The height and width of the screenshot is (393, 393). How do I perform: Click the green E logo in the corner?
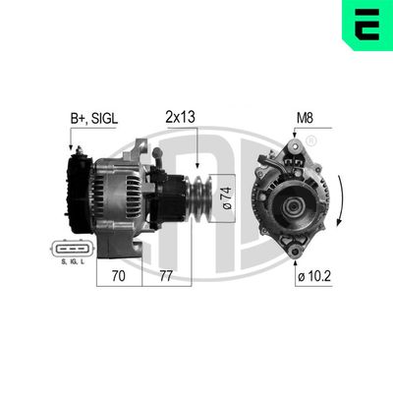click(366, 25)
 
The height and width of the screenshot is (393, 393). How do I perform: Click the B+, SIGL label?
click(95, 118)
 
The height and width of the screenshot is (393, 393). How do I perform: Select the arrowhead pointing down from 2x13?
click(199, 164)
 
